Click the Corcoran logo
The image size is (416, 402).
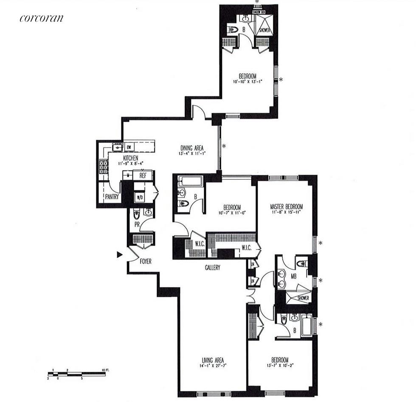click(41, 18)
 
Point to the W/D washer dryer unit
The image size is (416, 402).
click(139, 197)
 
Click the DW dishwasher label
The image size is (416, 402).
click(129, 147)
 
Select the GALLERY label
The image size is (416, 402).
click(212, 268)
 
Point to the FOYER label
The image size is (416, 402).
click(146, 262)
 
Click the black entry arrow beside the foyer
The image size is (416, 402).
click(120, 254)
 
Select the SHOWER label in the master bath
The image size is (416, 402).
click(303, 298)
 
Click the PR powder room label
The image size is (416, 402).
click(137, 223)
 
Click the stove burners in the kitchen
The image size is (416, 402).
click(103, 167)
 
